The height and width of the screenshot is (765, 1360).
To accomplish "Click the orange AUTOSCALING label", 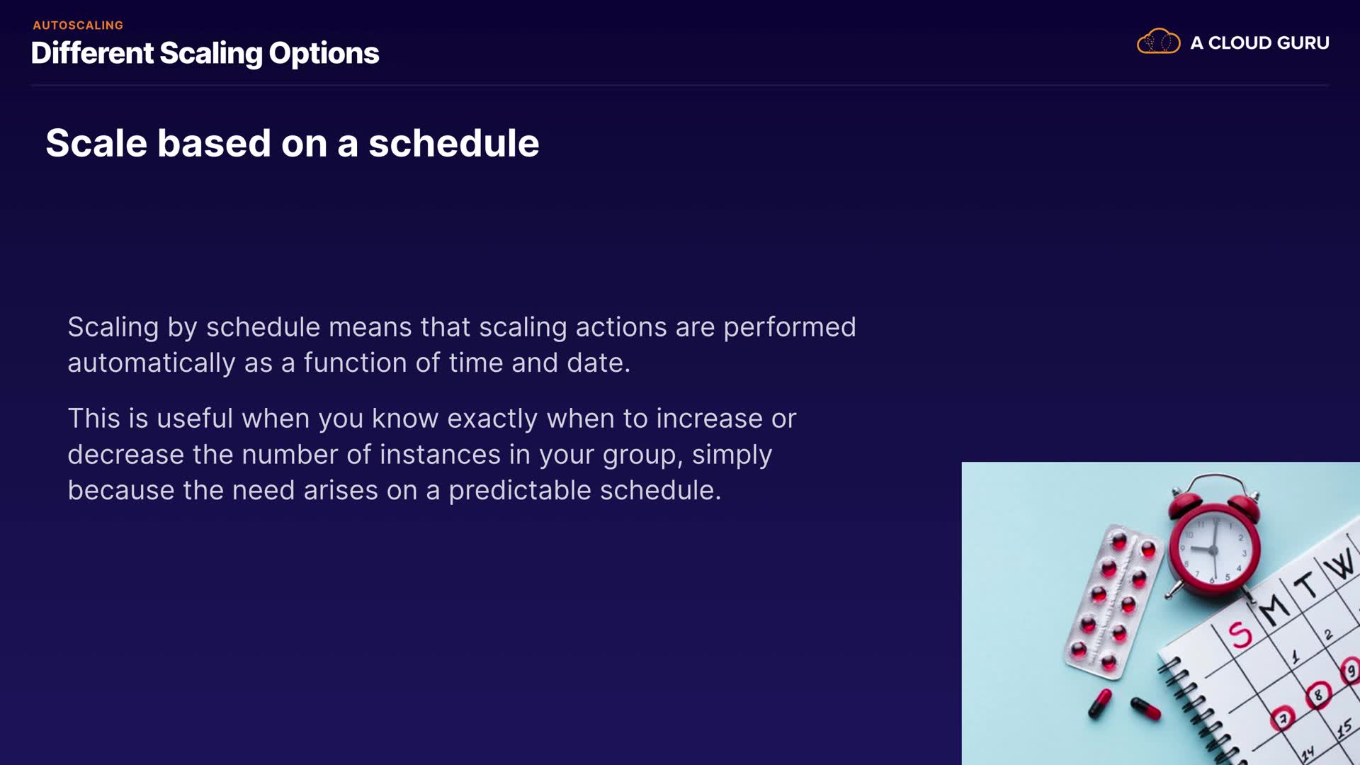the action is pos(78,25).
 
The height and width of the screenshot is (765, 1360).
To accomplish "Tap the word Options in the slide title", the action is pos(324,54).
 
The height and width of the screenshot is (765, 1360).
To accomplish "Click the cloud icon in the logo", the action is pos(1158,42).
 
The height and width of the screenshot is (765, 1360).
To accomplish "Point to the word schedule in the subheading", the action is pos(453,143).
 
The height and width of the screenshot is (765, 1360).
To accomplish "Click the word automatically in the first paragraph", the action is pos(152,363).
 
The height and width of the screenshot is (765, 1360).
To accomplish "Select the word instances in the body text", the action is pos(440,455).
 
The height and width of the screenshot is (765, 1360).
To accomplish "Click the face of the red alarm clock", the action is pos(1214,548).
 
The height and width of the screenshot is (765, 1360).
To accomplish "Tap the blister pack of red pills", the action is pos(1113,599).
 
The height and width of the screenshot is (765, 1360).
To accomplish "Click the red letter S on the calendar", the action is pos(1240,635).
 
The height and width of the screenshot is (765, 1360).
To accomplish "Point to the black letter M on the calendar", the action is pos(1274,608).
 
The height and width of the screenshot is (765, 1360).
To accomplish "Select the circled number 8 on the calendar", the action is pos(1318,694).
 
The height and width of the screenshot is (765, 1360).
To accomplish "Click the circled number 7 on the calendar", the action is pos(1283,718).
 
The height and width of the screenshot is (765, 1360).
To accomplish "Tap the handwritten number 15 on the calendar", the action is pos(1344,728).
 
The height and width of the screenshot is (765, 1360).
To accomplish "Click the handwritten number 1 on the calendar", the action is pos(1296,656).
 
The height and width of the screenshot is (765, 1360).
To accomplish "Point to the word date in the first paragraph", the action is pos(598,363).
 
